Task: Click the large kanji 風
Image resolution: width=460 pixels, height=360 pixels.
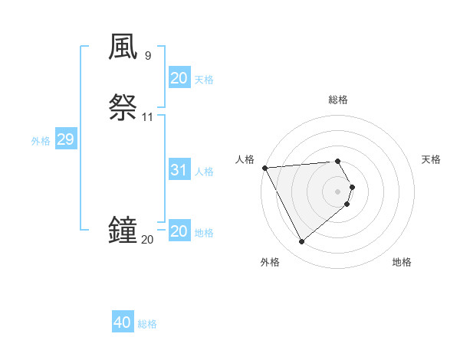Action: [x=123, y=47]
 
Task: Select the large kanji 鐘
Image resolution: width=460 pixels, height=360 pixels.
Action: [x=123, y=230]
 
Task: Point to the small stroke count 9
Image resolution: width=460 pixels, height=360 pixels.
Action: [x=147, y=56]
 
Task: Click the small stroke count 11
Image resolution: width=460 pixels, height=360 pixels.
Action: [x=147, y=117]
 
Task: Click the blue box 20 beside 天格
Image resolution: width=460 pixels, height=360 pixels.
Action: [x=179, y=78]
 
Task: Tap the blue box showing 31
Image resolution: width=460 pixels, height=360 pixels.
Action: [x=179, y=170]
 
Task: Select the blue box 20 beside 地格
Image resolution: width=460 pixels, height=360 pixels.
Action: [x=179, y=231]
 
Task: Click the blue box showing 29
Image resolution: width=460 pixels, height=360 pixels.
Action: [x=65, y=139]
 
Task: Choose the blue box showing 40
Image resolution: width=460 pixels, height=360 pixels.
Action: [x=123, y=322]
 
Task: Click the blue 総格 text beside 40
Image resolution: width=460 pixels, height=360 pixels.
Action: [x=147, y=324]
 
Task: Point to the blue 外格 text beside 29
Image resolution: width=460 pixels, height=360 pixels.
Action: [x=41, y=141]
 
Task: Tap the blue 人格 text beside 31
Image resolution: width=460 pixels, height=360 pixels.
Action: [x=204, y=172]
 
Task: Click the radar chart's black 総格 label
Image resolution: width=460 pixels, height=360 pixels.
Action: [x=338, y=100]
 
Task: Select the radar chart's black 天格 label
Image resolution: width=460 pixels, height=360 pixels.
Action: [x=431, y=159]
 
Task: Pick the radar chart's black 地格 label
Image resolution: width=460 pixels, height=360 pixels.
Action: [x=402, y=262]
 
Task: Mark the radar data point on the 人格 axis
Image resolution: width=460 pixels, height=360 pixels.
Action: [x=264, y=168]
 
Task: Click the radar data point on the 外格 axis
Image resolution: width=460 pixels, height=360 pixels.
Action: [x=301, y=242]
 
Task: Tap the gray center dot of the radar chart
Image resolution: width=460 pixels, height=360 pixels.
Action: [x=338, y=191]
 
